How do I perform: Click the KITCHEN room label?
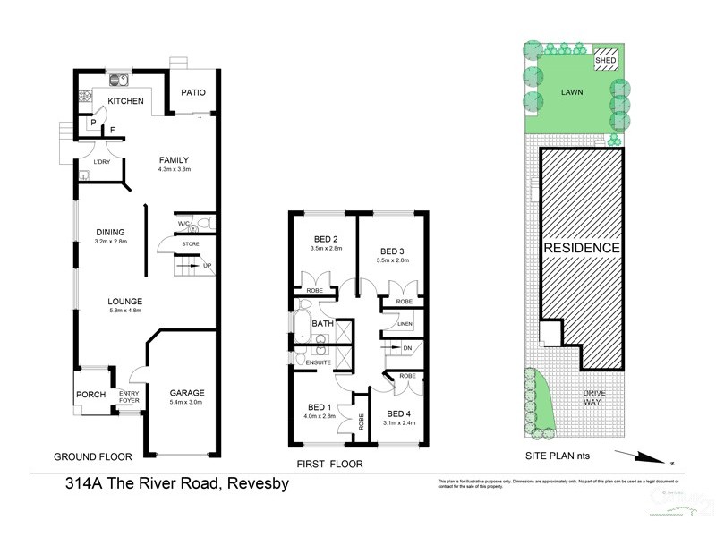click(125, 102)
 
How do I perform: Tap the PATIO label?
click(194, 91)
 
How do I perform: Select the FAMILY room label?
click(175, 159)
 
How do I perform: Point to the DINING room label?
click(110, 233)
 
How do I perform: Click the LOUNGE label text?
click(125, 301)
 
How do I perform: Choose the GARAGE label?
click(187, 393)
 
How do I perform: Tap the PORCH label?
click(90, 395)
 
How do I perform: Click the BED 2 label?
click(324, 239)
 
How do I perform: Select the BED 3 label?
click(394, 251)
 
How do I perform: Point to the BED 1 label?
click(318, 407)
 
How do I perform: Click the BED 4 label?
click(399, 413)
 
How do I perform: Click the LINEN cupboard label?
click(405, 325)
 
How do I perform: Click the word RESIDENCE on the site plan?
click(581, 248)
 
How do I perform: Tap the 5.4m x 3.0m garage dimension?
click(187, 403)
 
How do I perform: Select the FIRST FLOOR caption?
click(328, 464)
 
